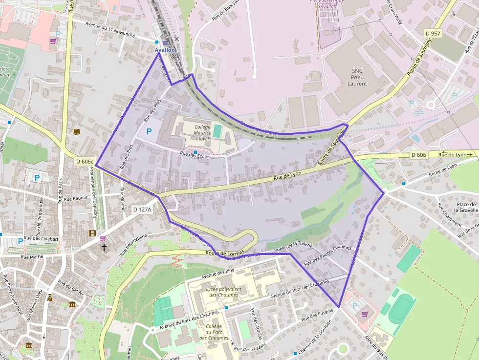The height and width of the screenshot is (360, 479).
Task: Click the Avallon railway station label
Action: click(165, 50)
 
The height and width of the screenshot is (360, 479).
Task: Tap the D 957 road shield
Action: click(433, 33)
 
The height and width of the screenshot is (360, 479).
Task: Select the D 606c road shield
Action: click(85, 161)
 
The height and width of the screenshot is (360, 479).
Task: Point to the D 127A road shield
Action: click(142, 209)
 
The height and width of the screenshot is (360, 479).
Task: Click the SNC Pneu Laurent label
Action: click(357, 77)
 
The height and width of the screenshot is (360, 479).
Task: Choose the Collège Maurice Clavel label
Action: click(202, 133)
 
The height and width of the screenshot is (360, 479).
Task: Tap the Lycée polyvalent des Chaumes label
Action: click(223, 292)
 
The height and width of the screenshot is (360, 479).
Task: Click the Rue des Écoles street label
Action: click(195, 156)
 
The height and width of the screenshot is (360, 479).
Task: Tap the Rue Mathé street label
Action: click(33, 256)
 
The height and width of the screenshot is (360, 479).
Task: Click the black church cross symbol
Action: click(104, 248)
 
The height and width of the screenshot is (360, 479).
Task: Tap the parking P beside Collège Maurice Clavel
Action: click(149, 131)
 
